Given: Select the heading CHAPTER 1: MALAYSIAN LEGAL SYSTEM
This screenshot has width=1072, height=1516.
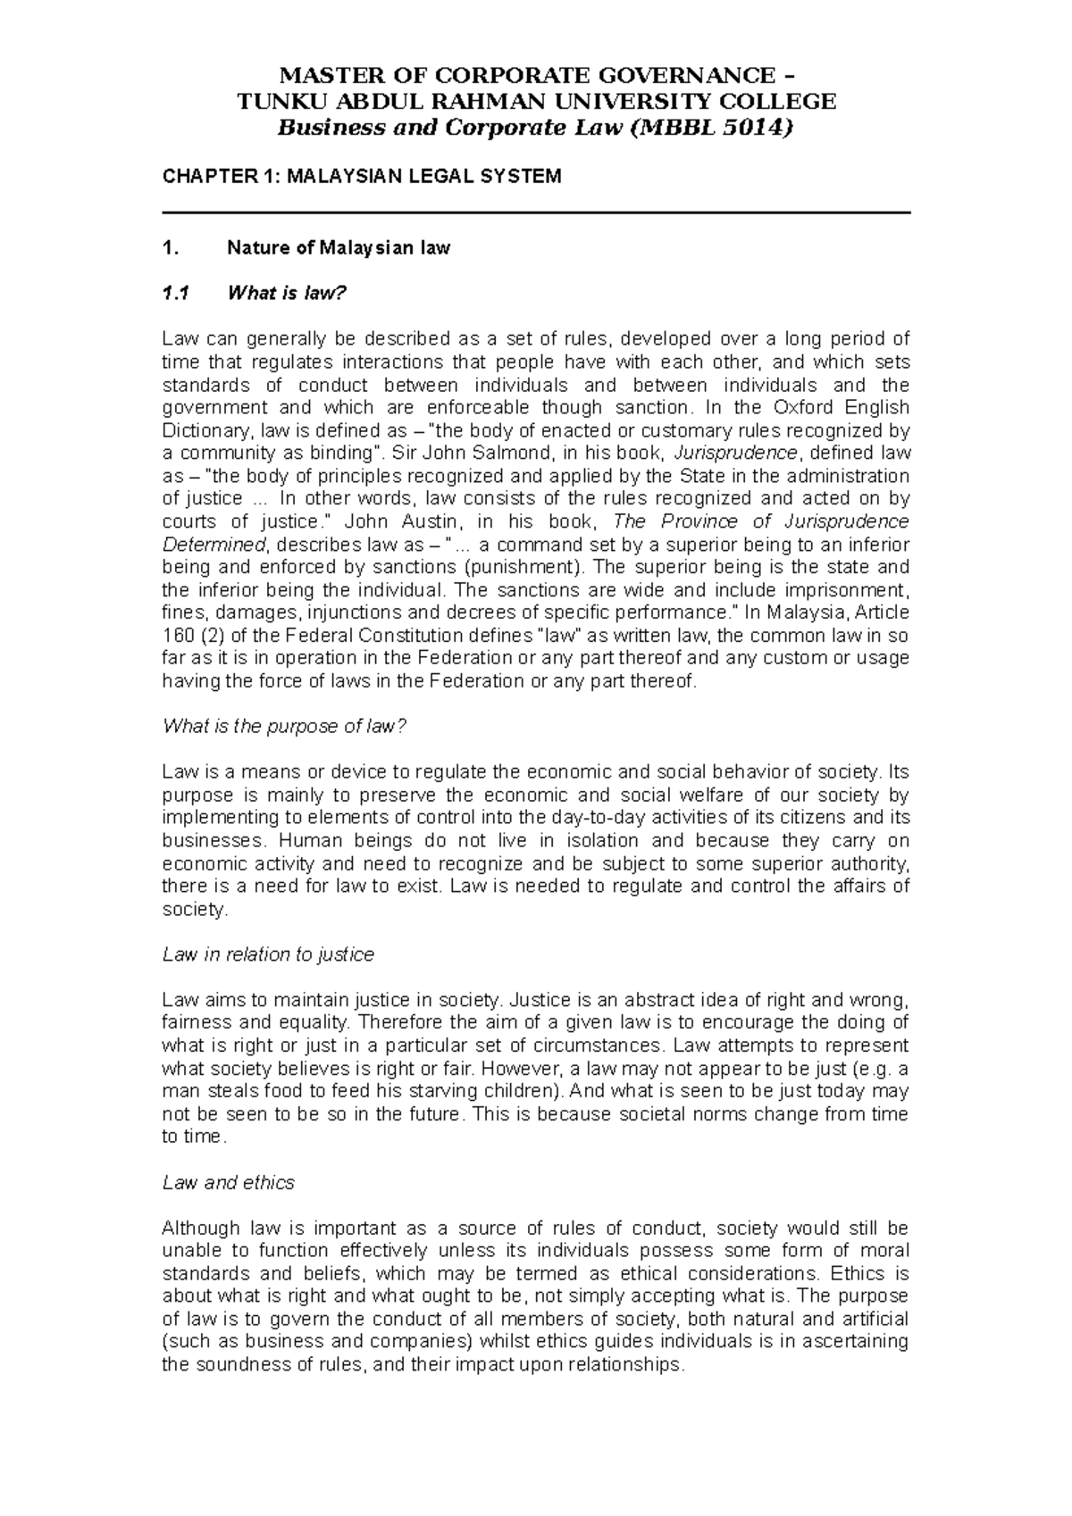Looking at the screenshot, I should tap(361, 176).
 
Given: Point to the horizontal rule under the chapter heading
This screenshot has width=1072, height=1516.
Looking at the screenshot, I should tap(535, 212).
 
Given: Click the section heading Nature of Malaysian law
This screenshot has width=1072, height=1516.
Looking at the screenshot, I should tap(339, 248).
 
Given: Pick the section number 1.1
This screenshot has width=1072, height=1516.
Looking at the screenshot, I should tap(175, 294).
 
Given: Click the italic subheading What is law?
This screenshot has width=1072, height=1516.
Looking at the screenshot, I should tap(286, 294).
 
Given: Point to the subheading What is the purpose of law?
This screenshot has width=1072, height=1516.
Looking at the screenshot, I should tap(284, 727).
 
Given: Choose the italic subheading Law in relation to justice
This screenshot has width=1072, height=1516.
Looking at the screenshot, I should tap(268, 955).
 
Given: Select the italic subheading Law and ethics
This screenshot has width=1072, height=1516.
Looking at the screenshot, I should tap(228, 1183).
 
